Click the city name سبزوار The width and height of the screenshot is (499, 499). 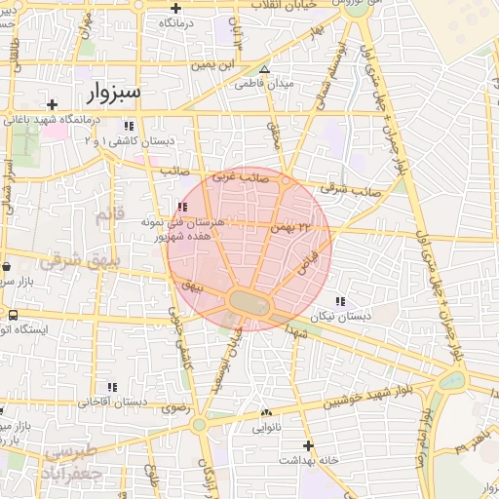[114, 93]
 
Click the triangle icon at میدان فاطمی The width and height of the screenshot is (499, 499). [264, 69]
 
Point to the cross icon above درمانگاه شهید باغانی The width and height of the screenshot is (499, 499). [52, 103]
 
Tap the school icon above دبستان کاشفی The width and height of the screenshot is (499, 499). [130, 126]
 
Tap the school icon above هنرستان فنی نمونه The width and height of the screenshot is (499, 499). [183, 206]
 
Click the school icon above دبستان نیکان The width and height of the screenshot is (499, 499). [339, 301]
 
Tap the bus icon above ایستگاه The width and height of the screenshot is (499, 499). [14, 316]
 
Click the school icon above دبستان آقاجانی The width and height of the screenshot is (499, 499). [113, 387]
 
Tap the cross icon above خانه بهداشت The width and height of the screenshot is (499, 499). [308, 443]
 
